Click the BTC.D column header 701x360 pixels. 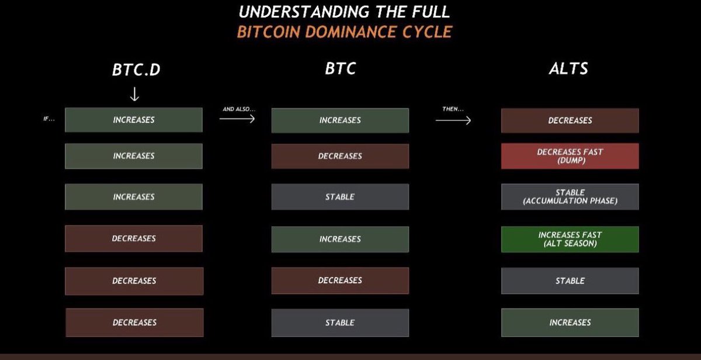(x=136, y=69)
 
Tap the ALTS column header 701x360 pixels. (x=568, y=68)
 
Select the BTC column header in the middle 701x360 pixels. (x=340, y=68)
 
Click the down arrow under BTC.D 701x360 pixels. (x=134, y=94)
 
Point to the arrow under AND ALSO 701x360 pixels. (x=237, y=119)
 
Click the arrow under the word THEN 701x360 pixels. (x=453, y=120)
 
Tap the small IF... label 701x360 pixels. (x=49, y=120)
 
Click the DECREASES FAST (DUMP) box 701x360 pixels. (x=570, y=156)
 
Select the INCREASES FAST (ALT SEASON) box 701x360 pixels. (x=570, y=239)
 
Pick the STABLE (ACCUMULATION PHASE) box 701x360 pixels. (x=570, y=197)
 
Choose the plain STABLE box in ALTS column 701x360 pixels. (x=570, y=281)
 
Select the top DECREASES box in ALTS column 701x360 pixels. (x=570, y=120)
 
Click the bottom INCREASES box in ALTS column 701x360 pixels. (x=570, y=323)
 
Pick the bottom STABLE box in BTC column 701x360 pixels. (x=340, y=323)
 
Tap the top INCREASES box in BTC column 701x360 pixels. (x=340, y=120)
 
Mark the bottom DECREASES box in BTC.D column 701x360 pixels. (x=134, y=323)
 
